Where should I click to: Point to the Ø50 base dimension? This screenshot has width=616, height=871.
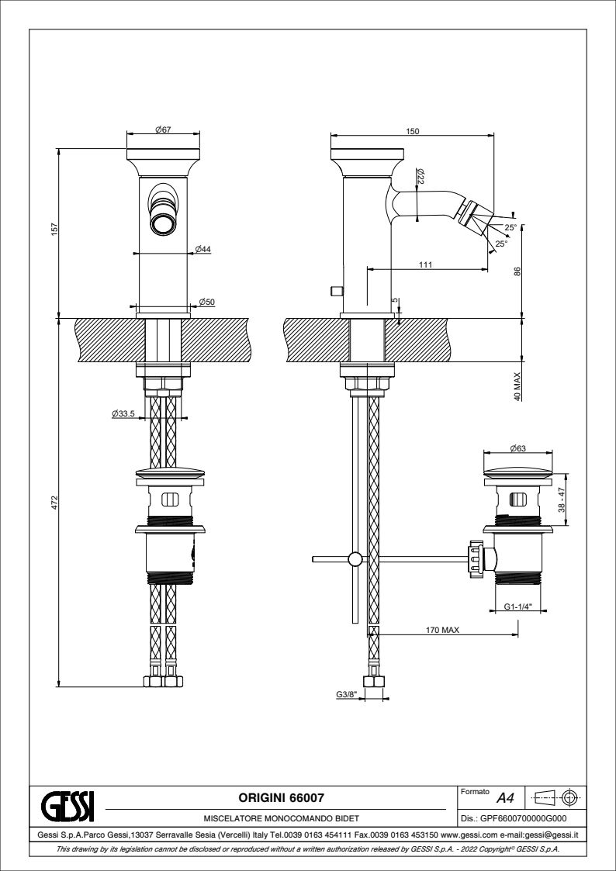(206, 301)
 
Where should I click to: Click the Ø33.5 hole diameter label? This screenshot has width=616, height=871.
(123, 414)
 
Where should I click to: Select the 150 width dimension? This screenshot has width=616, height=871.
(413, 133)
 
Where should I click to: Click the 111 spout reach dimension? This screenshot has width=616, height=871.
(426, 264)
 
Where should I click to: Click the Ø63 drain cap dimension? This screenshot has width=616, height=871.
(517, 448)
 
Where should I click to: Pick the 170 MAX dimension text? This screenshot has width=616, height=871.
(444, 630)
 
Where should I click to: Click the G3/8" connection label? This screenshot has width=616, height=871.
(346, 695)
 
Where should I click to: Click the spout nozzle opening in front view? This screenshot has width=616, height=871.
(164, 225)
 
